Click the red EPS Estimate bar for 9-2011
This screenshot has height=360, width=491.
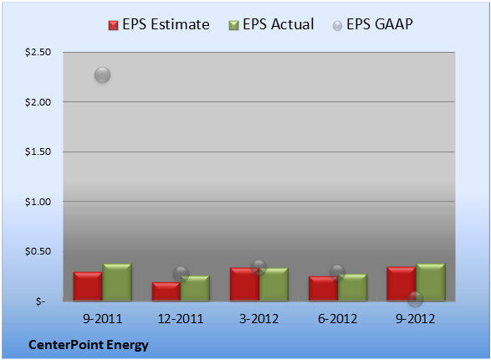(x=88, y=286)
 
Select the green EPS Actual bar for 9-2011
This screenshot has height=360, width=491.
(x=117, y=282)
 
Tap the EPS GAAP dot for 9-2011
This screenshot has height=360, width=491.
(x=102, y=75)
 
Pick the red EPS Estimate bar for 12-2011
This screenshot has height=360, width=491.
(x=166, y=291)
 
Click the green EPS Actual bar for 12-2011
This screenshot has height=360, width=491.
(x=195, y=288)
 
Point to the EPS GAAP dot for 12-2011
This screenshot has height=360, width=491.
(x=181, y=274)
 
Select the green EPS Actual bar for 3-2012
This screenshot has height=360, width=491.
(x=274, y=285)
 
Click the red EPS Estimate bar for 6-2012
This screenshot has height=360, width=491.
(x=323, y=289)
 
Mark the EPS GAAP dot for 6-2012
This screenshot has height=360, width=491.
(x=338, y=272)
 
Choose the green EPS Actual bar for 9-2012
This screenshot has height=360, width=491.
(x=431, y=282)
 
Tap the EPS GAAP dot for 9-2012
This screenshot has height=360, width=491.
(x=415, y=299)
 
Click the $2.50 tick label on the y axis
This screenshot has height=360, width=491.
(x=38, y=52)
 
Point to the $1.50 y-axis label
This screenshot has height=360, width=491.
(x=38, y=152)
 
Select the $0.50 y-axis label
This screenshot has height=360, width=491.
(x=38, y=251)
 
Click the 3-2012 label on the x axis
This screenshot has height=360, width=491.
(x=258, y=319)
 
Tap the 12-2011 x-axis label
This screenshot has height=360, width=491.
(x=181, y=319)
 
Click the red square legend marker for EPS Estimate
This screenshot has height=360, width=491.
(x=114, y=25)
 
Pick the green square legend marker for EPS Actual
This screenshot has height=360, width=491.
(x=233, y=25)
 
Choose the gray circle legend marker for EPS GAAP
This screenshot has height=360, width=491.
(x=337, y=26)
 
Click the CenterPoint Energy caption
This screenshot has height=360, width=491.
(x=89, y=345)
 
